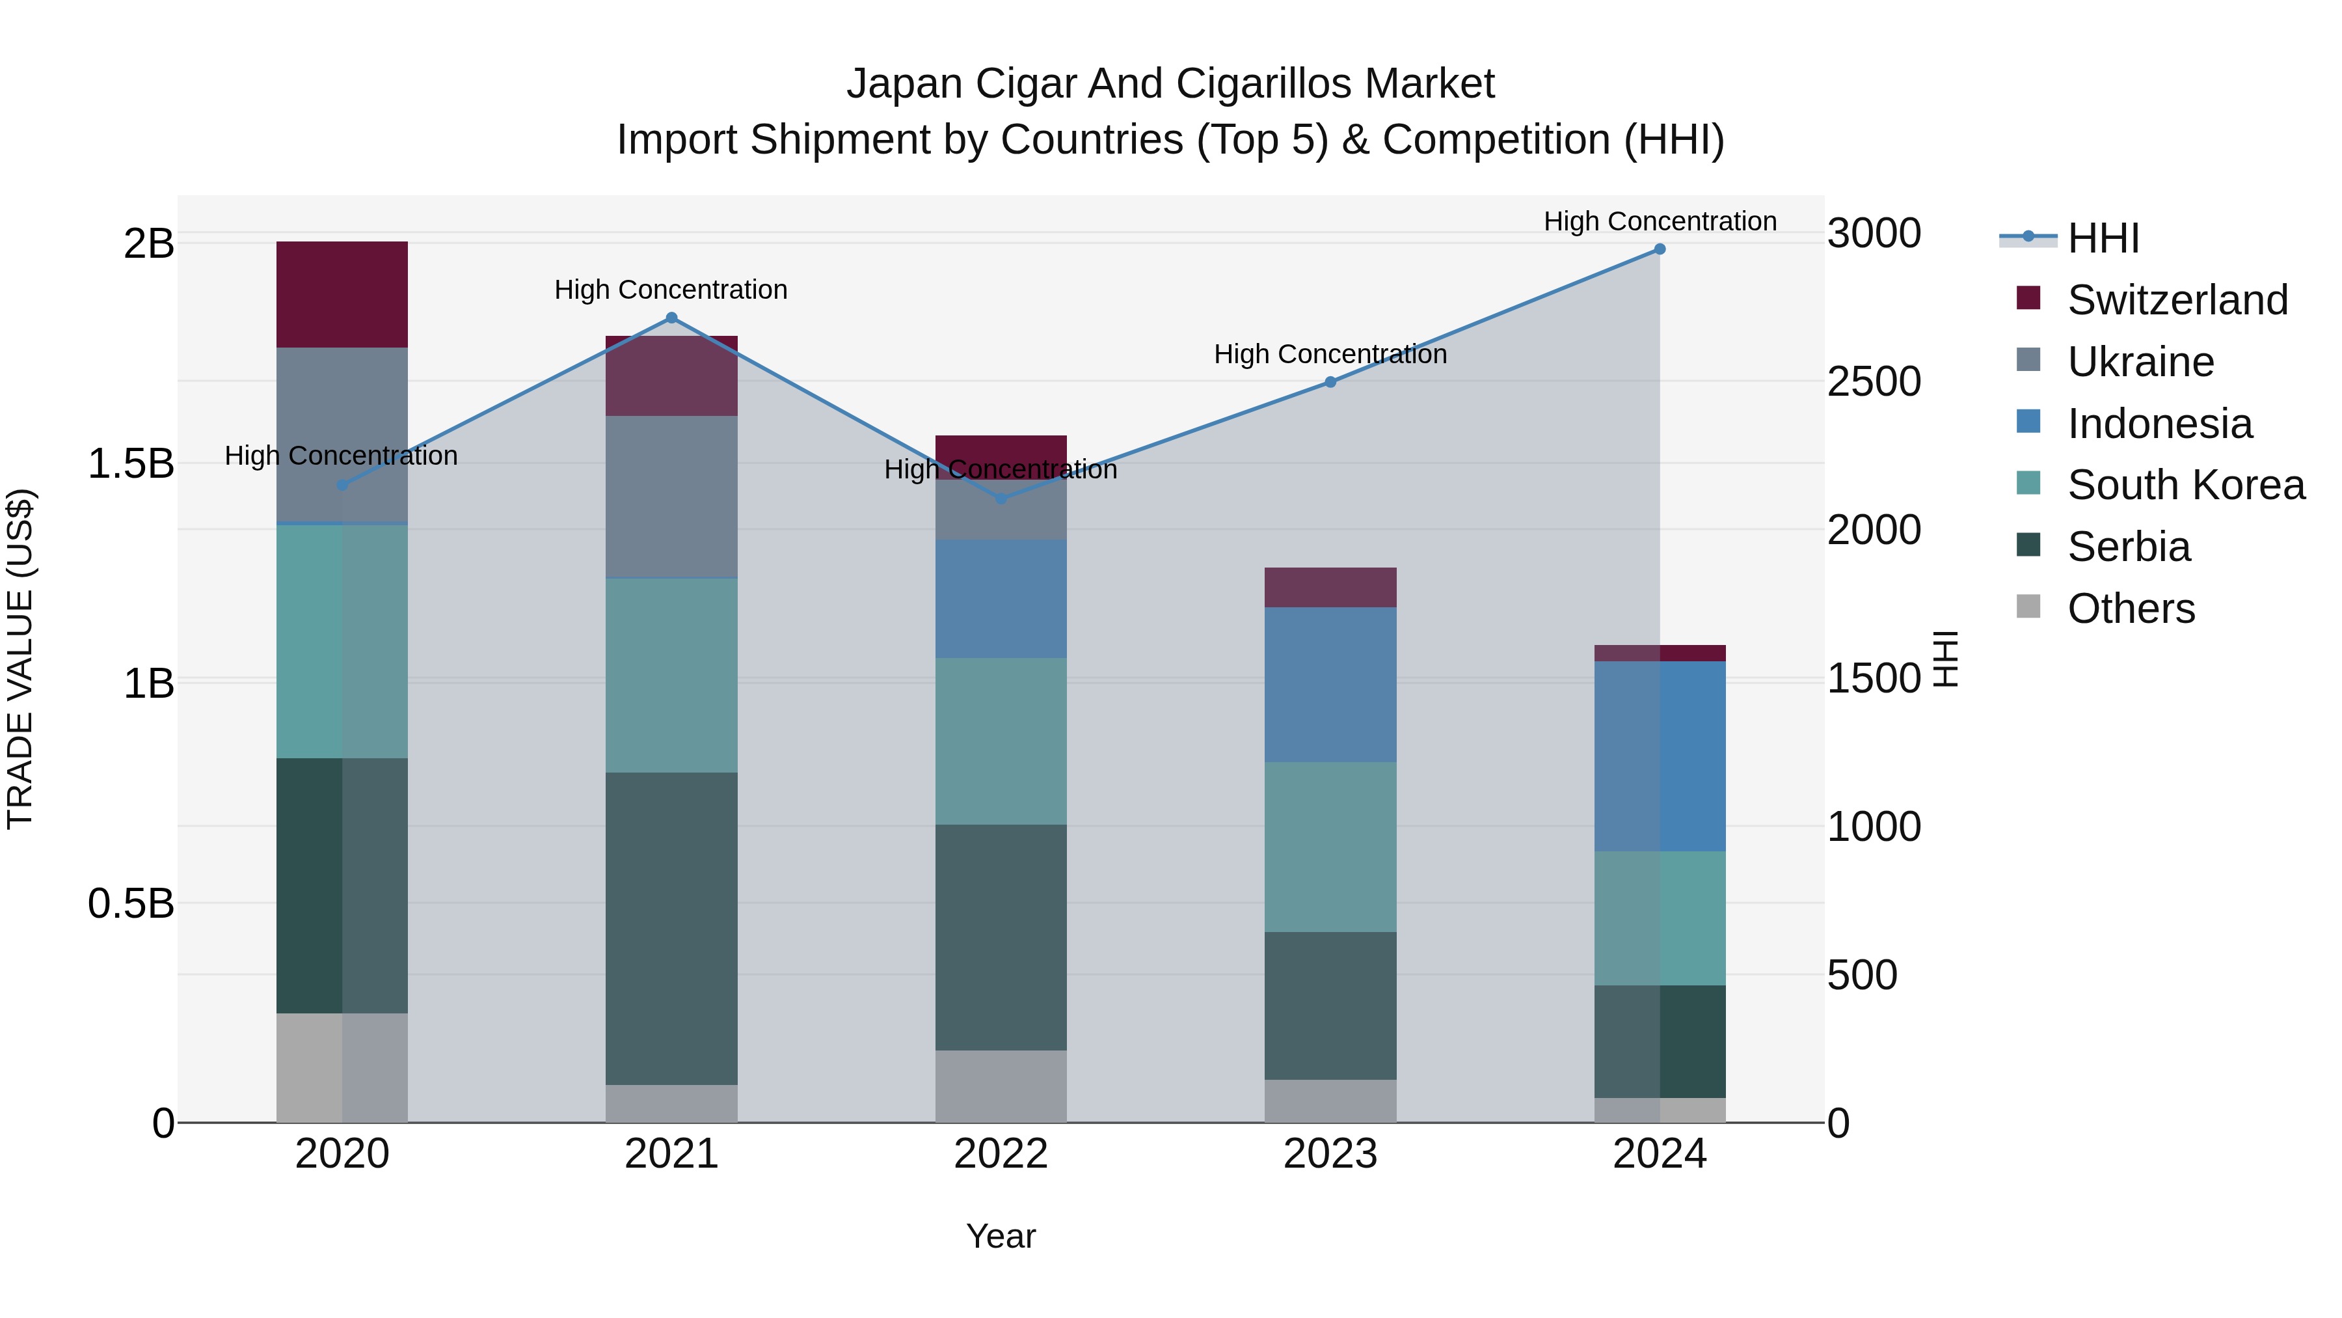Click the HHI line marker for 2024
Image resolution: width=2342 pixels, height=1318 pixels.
tap(1659, 249)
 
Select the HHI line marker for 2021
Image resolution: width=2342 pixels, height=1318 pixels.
tap(672, 318)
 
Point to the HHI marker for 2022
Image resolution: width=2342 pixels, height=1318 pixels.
tap(1001, 499)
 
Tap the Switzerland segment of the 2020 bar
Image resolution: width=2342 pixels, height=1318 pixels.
tap(342, 295)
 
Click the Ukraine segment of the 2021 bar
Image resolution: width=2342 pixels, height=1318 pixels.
tap(672, 497)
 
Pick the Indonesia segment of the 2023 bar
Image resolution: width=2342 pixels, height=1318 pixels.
tap(1330, 685)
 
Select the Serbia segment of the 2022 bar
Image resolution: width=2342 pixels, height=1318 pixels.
tap(1001, 937)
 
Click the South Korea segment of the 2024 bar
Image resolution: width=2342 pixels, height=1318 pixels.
tap(1659, 918)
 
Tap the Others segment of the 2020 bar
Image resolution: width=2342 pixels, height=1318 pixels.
tap(342, 1068)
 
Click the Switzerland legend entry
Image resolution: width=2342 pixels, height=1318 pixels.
tap(2177, 300)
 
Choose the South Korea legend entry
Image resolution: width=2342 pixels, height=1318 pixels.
tap(2186, 485)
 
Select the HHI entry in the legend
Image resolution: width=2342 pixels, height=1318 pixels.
tap(2103, 238)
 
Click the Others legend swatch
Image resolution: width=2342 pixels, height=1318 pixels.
tap(2028, 607)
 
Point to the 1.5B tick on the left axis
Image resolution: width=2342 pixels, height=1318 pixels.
tap(130, 464)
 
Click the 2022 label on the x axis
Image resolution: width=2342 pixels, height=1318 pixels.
tap(1001, 1154)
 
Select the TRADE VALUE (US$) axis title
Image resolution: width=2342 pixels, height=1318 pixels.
tap(20, 659)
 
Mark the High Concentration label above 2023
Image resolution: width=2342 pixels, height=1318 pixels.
tap(1330, 354)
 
